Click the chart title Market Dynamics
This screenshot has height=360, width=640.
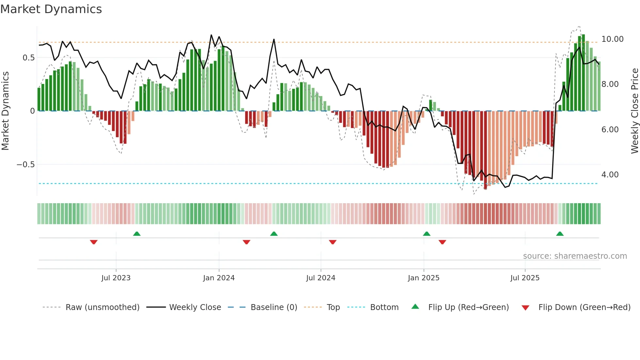51,9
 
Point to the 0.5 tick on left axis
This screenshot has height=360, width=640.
28,58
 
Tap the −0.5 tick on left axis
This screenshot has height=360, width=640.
25,165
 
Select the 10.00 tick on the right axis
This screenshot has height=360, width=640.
612,39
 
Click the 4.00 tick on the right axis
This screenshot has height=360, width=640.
610,175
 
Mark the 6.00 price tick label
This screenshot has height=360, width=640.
610,130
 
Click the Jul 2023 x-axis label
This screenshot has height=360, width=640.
116,278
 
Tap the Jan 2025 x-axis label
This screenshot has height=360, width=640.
424,278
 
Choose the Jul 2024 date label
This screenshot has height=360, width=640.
321,278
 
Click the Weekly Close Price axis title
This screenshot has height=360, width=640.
634,111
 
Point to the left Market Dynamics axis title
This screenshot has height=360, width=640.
5,111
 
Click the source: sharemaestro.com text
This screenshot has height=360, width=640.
575,256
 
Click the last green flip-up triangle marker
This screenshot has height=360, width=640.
560,234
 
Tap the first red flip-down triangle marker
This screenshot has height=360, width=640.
94,242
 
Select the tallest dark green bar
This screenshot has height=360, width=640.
583,73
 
